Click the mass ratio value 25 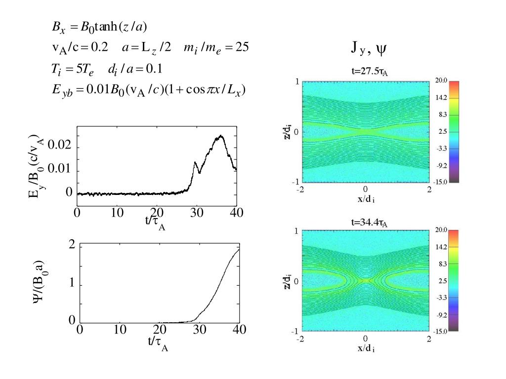[242, 47]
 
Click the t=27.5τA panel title [365, 73]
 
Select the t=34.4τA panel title [365, 223]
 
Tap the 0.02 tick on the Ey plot [60, 147]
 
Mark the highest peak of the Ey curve [221, 136]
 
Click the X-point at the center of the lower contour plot [365, 281]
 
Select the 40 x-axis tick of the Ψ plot [239, 330]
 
